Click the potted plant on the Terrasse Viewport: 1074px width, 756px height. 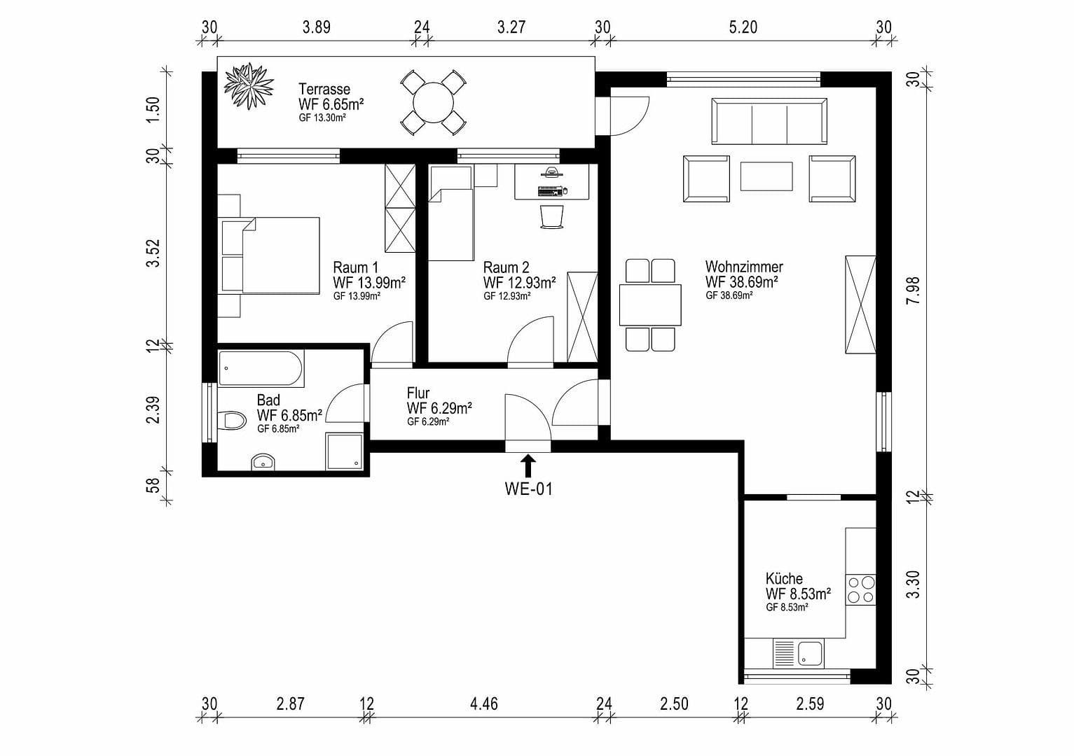click(x=248, y=86)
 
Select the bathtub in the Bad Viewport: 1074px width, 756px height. click(x=261, y=368)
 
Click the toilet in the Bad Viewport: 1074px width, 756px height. click(x=232, y=421)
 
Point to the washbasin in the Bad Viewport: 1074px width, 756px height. click(x=263, y=461)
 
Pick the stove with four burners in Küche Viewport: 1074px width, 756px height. click(x=860, y=589)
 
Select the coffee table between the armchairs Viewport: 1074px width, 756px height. click(x=766, y=176)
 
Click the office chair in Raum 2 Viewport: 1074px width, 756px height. click(x=551, y=216)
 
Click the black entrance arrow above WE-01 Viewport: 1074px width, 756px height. click(x=528, y=466)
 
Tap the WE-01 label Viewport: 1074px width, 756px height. click(x=528, y=489)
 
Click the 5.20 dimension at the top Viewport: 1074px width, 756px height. click(x=743, y=27)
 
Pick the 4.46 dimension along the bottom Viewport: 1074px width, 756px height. click(x=484, y=703)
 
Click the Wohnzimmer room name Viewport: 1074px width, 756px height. click(x=743, y=267)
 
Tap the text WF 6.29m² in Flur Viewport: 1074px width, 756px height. click(x=439, y=407)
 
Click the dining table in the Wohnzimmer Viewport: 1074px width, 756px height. click(x=650, y=304)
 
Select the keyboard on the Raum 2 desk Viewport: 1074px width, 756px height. click(x=550, y=191)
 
